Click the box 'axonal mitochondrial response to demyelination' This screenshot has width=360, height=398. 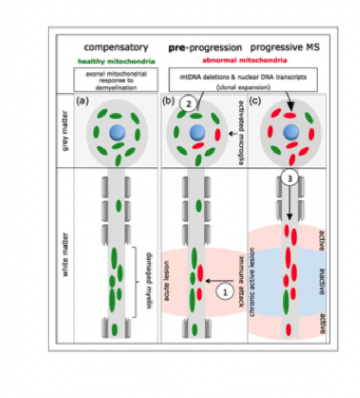[x=116, y=79]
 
